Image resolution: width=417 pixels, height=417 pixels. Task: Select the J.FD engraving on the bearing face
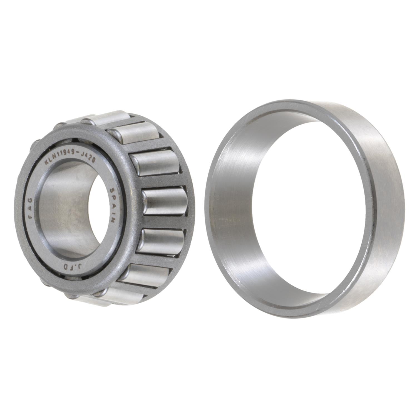(x=65, y=267)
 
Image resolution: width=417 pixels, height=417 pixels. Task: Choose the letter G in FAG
(x=31, y=200)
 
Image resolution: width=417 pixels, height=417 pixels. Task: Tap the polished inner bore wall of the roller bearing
(x=61, y=211)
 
